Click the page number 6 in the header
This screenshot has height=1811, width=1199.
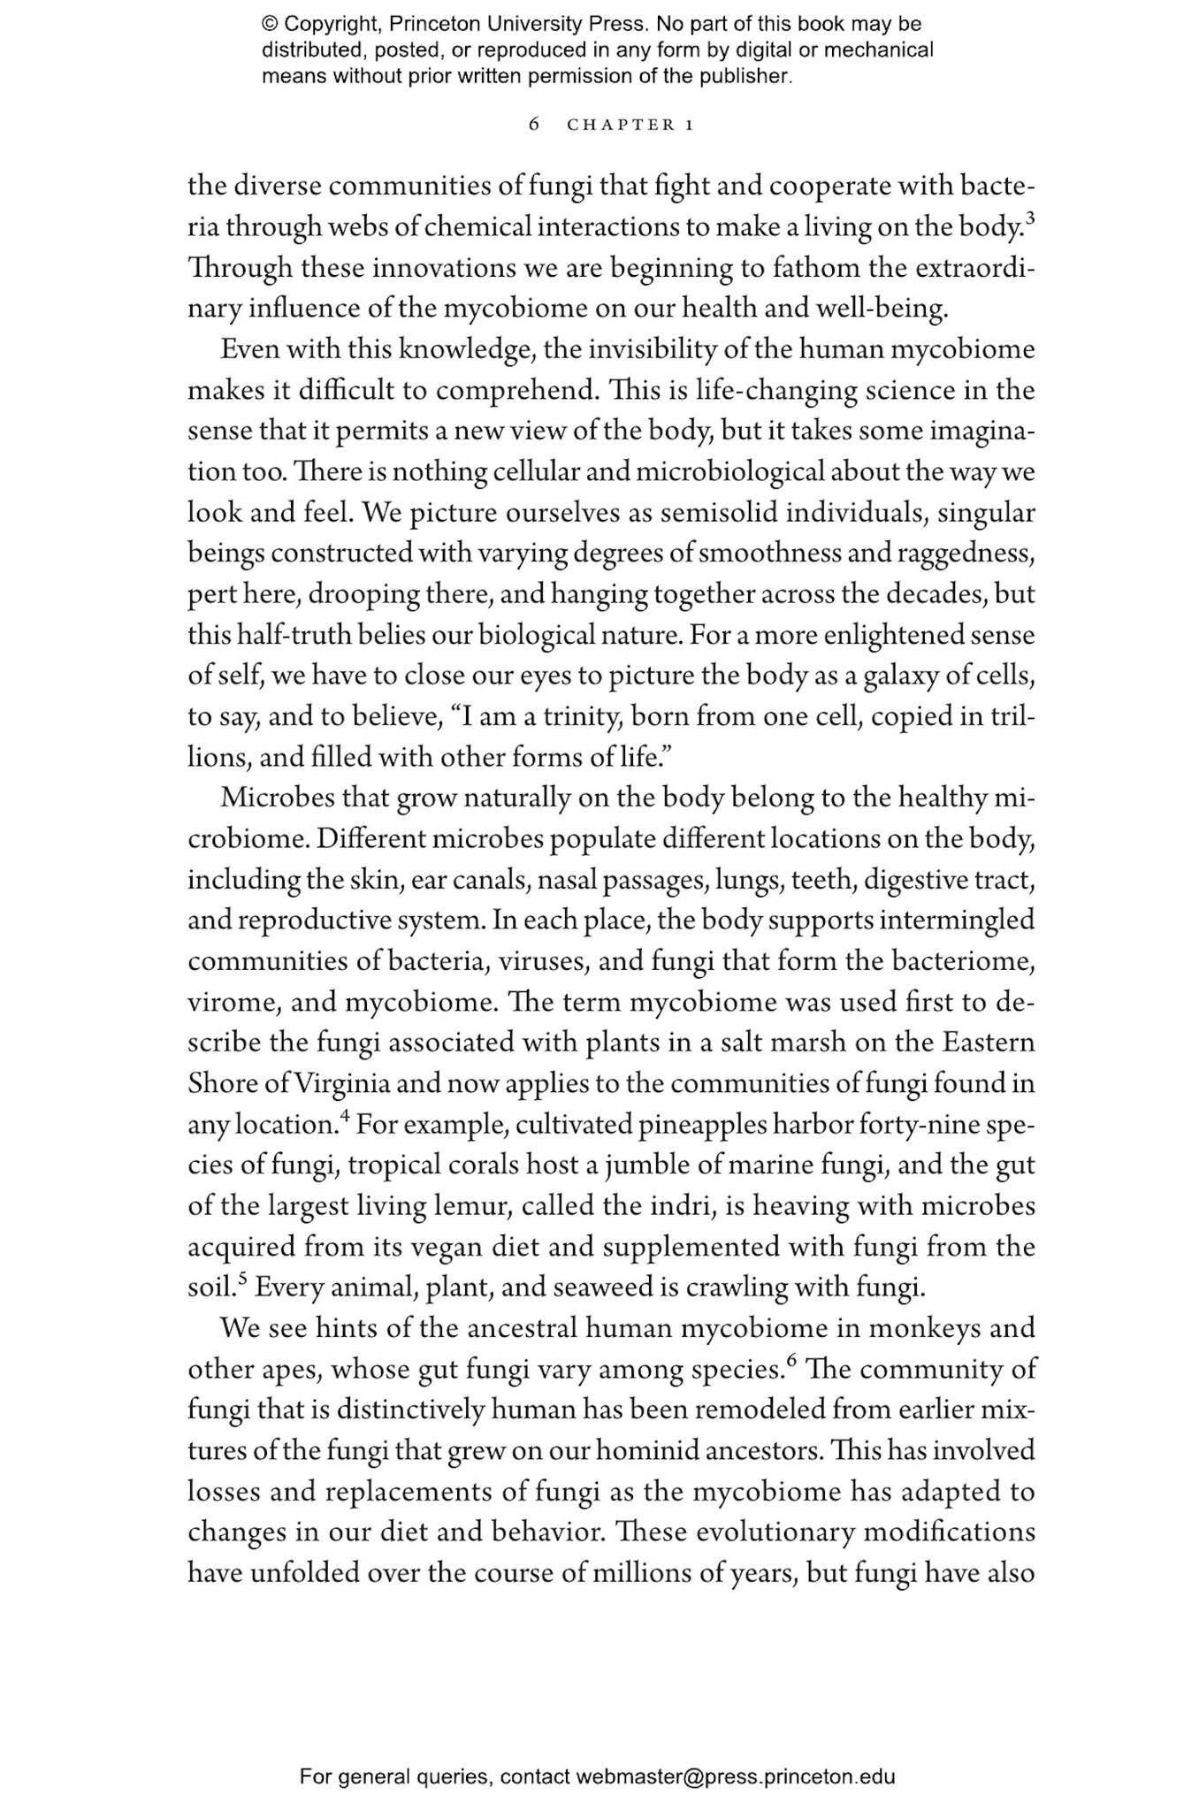click(534, 125)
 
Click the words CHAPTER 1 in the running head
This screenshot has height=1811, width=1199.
click(630, 125)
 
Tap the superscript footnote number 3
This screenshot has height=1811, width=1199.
click(1030, 218)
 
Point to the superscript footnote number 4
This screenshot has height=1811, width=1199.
click(346, 1115)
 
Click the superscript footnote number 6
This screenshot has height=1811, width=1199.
click(791, 1359)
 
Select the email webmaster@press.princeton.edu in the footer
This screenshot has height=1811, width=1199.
click(736, 1777)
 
